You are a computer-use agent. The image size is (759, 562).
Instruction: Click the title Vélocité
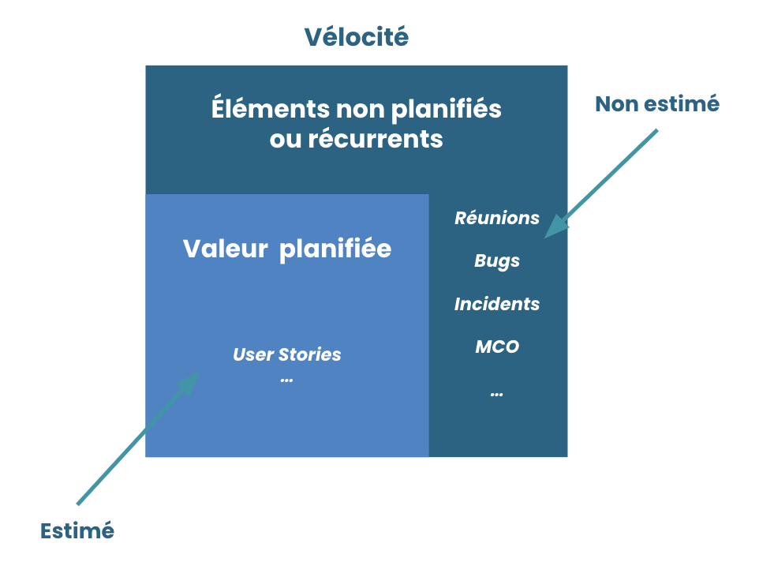[357, 37]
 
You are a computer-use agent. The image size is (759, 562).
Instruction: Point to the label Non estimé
[656, 103]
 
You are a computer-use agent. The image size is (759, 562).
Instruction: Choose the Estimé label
[77, 530]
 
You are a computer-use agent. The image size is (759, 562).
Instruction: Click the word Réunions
[497, 219]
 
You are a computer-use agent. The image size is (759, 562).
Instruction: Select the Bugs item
[497, 260]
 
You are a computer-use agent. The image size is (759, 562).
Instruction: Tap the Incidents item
[497, 304]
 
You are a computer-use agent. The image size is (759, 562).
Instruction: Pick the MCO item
[497, 347]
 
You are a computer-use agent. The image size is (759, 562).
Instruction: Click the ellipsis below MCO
[496, 392]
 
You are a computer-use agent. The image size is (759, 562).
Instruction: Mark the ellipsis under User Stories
[286, 379]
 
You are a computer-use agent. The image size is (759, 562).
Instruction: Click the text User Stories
[287, 354]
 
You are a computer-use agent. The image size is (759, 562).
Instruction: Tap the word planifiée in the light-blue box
[336, 249]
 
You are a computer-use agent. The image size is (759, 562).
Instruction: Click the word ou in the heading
[282, 139]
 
